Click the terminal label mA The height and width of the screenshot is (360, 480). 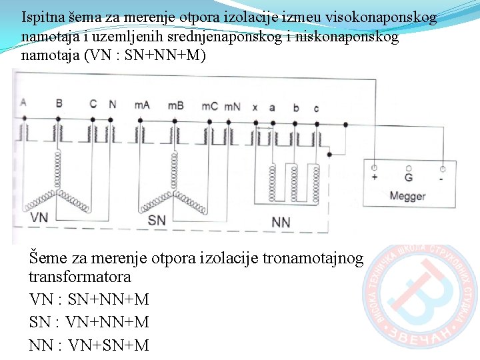[142, 105]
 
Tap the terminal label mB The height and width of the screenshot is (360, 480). [175, 105]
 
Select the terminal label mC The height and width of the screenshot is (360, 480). [209, 105]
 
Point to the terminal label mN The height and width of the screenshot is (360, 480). [232, 105]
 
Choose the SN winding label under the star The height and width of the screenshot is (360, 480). [157, 219]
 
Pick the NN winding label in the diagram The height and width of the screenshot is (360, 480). [281, 221]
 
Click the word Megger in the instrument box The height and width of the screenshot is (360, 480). [407, 196]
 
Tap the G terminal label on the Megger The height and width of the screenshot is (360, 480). [408, 178]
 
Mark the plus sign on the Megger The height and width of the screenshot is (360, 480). [374, 178]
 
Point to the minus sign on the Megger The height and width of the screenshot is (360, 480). [441, 178]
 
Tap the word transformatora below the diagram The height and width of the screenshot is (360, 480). [80, 277]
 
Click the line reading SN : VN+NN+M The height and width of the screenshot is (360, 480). [89, 322]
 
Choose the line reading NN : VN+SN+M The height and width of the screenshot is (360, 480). [89, 345]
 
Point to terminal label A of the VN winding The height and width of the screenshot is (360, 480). [23, 103]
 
